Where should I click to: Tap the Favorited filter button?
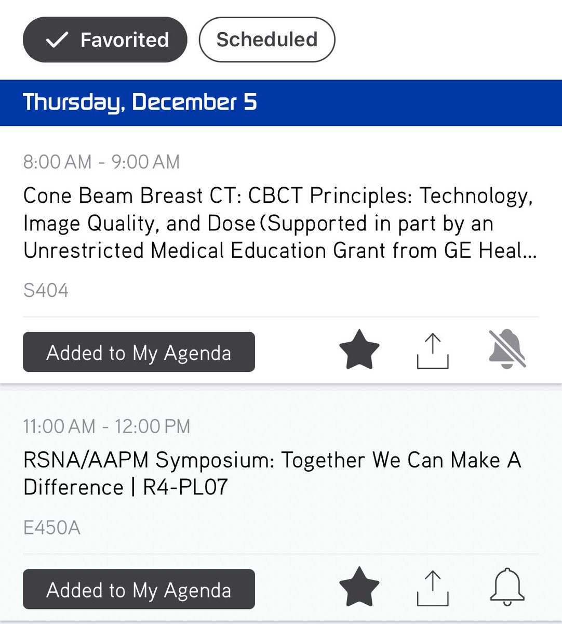[x=105, y=40]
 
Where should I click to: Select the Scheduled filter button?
[x=267, y=40]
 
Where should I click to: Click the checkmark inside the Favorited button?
[x=57, y=40]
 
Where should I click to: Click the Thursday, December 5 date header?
[x=140, y=102]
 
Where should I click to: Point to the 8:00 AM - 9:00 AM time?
[x=101, y=162]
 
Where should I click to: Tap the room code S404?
[x=46, y=290]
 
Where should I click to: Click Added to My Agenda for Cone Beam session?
[x=139, y=353]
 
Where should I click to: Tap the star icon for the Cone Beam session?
[x=359, y=349]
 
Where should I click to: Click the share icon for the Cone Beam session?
[x=433, y=352]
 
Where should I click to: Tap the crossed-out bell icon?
[x=507, y=349]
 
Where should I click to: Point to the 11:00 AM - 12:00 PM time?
[x=106, y=427]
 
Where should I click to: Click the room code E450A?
[x=52, y=528]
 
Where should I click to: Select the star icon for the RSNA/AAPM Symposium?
[x=359, y=587]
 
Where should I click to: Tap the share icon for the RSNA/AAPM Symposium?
[x=433, y=589]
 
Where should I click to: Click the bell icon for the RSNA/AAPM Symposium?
[x=507, y=587]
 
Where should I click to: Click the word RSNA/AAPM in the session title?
[x=86, y=460]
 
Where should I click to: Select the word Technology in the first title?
[x=475, y=196]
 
